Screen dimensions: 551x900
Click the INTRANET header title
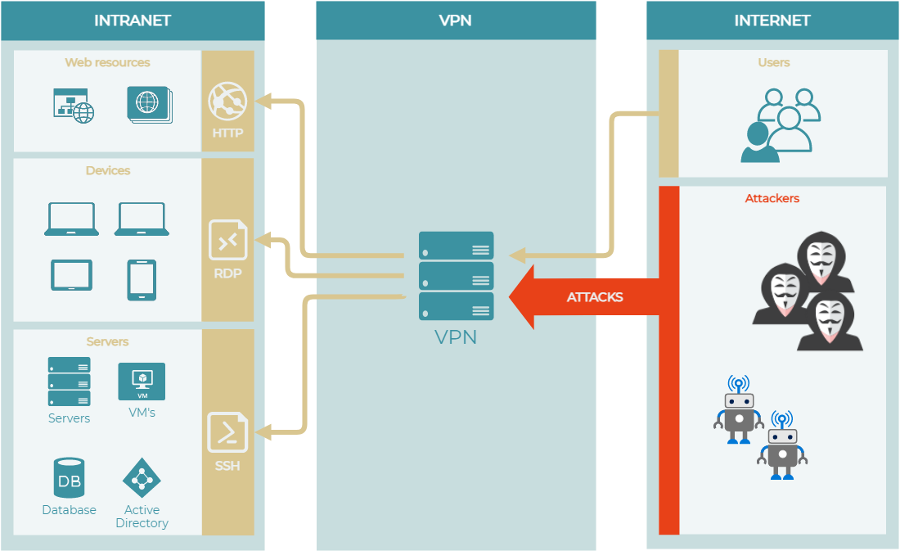click(x=132, y=20)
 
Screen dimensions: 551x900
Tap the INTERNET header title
click(x=772, y=20)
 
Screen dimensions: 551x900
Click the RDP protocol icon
click(x=227, y=241)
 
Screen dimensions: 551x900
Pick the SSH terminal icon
click(x=227, y=432)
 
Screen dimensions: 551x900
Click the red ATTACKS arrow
click(x=585, y=296)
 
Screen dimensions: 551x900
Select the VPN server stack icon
click(x=456, y=276)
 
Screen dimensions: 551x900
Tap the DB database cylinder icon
click(x=70, y=478)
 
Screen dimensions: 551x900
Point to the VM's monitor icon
click(x=142, y=382)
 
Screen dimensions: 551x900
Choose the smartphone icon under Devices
click(x=142, y=280)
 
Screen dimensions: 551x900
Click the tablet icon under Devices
click(x=72, y=275)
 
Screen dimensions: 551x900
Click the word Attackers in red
click(x=772, y=198)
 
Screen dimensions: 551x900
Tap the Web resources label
click(x=107, y=62)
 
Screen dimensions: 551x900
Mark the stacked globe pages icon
click(x=149, y=104)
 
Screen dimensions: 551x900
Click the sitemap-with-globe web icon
click(x=73, y=106)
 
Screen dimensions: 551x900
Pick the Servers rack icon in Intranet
click(x=69, y=382)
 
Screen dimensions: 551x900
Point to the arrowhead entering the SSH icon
click(x=264, y=431)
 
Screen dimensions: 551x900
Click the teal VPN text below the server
click(x=456, y=336)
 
